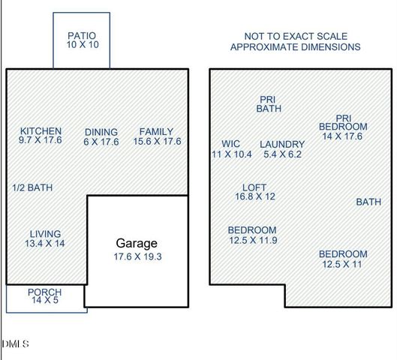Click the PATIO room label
83,35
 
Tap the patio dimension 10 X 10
83,45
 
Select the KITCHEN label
41,131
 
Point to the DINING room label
101,131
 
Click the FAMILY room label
156,131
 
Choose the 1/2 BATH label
33,187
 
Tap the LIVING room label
45,233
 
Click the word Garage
136,243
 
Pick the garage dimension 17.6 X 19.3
137,256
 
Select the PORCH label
45,292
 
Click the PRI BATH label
268,103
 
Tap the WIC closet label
230,144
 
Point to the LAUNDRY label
282,144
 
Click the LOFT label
255,187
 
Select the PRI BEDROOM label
341,122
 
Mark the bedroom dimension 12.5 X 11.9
252,240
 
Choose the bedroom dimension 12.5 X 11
343,264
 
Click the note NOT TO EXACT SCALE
295,36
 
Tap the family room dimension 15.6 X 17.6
157,141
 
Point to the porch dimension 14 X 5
45,301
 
